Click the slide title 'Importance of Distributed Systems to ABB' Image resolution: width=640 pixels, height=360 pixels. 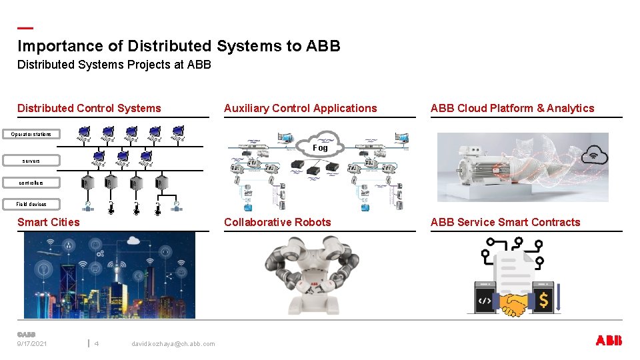click(x=179, y=46)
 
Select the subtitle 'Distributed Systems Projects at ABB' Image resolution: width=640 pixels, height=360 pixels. click(x=114, y=65)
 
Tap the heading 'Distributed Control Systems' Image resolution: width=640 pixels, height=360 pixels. click(x=89, y=108)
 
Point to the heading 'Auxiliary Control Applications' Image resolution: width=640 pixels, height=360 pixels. click(x=300, y=108)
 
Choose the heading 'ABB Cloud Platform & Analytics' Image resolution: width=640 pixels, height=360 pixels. click(x=512, y=108)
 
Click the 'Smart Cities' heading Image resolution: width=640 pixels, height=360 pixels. click(x=48, y=222)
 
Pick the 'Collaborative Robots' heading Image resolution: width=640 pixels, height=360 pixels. click(x=277, y=222)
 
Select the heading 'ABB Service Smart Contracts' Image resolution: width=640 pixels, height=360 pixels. click(x=505, y=222)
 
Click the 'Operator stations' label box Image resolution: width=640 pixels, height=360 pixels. click(x=31, y=135)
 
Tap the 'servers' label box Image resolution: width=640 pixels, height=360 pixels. click(x=31, y=161)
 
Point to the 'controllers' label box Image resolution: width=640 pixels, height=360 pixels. click(x=31, y=182)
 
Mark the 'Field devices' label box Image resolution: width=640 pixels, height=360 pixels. click(x=31, y=204)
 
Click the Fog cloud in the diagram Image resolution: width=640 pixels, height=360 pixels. click(x=321, y=146)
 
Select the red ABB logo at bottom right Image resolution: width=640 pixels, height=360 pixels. click(x=608, y=341)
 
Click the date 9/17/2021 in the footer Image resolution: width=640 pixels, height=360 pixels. click(x=33, y=344)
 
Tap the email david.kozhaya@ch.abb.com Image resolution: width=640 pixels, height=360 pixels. click(x=173, y=344)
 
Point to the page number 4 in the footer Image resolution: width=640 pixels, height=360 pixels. click(x=97, y=344)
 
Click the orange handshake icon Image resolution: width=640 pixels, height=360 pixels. click(x=513, y=304)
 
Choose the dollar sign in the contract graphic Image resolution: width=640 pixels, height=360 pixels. click(x=544, y=301)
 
